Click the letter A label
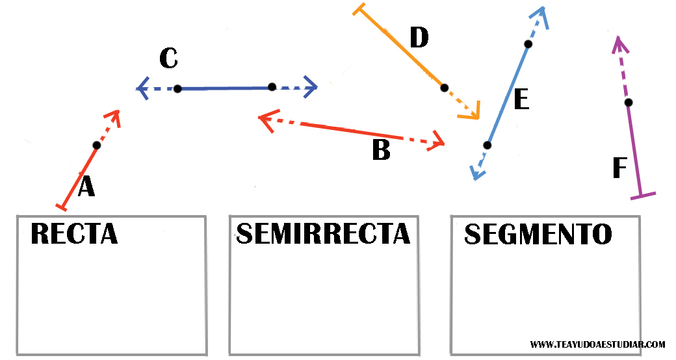86,187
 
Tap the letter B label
381,150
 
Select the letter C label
168,58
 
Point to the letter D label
419,38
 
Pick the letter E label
521,99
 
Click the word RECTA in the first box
74,233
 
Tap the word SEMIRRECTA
323,233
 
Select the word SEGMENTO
538,234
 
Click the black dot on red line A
96,145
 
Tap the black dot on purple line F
628,102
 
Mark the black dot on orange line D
444,87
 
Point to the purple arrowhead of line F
618,42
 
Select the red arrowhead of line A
116,115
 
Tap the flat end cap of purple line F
643,195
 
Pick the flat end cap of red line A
62,207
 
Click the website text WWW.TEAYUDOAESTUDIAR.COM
597,344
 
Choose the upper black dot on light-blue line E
528,44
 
